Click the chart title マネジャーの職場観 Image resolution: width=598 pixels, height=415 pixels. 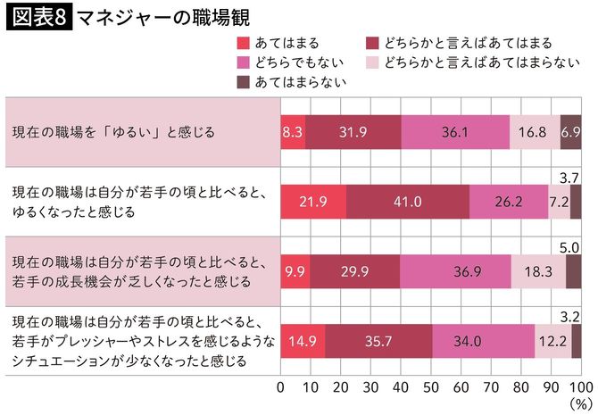coord(163,17)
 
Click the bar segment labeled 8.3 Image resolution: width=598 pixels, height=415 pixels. coord(293,131)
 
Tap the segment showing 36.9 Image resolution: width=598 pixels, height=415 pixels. coord(455,270)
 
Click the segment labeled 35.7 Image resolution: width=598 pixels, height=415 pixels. coord(378,339)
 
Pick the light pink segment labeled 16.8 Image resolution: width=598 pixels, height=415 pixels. coord(535,131)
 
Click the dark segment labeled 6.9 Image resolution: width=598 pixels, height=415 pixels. coord(570,131)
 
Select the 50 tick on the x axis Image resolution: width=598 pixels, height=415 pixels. coord(430,387)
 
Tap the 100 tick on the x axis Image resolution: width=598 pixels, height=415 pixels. coord(578,387)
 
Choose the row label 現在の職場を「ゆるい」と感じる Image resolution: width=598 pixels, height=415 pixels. coord(113,132)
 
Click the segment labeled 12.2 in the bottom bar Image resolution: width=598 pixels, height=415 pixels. coord(552,339)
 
